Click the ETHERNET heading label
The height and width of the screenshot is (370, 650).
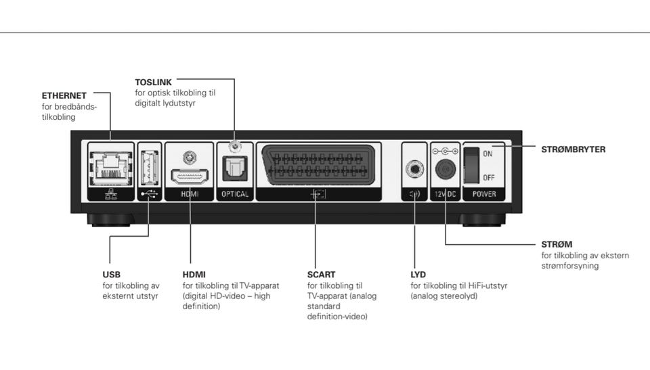[x=64, y=95]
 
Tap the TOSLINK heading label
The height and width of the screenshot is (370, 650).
[x=154, y=82]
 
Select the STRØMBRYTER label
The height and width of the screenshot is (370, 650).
[x=573, y=149]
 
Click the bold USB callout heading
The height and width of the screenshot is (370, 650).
[x=111, y=275]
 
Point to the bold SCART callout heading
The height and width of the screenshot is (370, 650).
[x=321, y=275]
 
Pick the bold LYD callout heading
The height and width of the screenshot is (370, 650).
[x=418, y=275]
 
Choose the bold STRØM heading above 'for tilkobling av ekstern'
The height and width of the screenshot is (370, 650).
[x=557, y=244]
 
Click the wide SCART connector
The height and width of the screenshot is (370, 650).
[x=316, y=165]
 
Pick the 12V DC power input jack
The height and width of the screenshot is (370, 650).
[x=446, y=168]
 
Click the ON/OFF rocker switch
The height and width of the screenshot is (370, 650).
[x=473, y=166]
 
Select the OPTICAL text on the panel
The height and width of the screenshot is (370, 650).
[x=235, y=194]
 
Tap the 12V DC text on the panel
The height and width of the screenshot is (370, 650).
[x=446, y=194]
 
